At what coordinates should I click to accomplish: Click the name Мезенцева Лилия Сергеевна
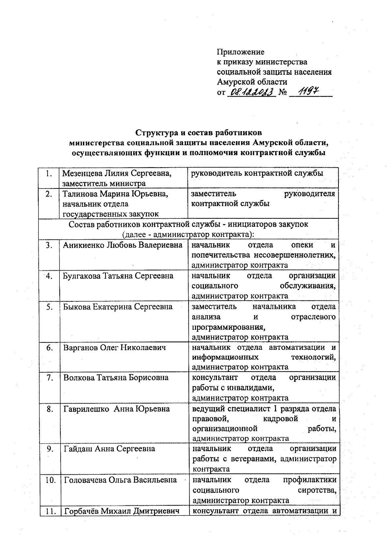(x=117, y=173)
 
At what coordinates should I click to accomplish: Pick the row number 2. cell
(x=49, y=194)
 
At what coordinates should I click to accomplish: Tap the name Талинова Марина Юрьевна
(x=115, y=194)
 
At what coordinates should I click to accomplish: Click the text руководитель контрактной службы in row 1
(x=257, y=173)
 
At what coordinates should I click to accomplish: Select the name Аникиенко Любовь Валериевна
(x=122, y=245)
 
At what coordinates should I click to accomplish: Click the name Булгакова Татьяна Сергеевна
(x=118, y=276)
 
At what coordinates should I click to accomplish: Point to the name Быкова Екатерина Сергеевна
(x=118, y=307)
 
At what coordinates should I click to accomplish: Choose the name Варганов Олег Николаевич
(x=115, y=348)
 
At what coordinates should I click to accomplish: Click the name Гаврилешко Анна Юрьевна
(x=117, y=409)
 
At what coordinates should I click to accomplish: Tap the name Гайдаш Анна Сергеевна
(x=109, y=449)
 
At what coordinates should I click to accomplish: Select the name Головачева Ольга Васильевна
(x=120, y=480)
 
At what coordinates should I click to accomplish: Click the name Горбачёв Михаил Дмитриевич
(x=122, y=511)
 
